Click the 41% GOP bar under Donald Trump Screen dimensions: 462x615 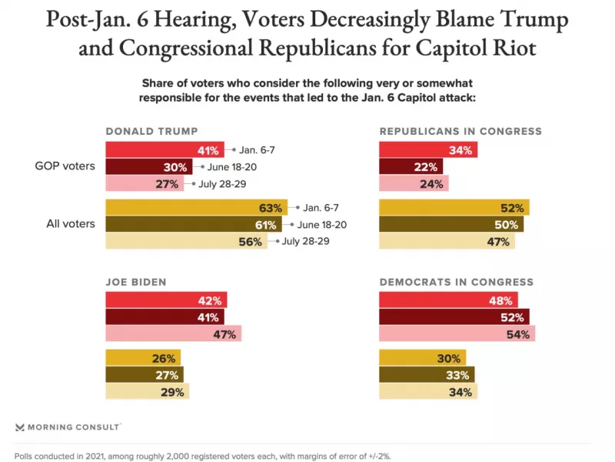click(165, 149)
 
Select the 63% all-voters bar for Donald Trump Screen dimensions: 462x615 click(196, 207)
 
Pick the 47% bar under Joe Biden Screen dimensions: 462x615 click(173, 333)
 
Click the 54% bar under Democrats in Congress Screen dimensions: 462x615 click(457, 333)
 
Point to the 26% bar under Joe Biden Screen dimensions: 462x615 click(143, 358)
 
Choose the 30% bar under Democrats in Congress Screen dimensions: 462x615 click(423, 358)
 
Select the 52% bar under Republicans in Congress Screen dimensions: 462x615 click(454, 207)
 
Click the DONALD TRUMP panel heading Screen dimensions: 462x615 click(151, 131)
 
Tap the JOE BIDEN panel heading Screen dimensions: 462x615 click(136, 282)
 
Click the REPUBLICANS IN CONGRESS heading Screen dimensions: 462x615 click(460, 131)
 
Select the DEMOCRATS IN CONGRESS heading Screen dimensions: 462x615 click(457, 282)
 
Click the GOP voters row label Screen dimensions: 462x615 click(69, 166)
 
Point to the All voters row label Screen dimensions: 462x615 click(70, 224)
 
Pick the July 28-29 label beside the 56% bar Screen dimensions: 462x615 click(305, 241)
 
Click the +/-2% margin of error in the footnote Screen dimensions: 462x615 click(377, 455)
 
